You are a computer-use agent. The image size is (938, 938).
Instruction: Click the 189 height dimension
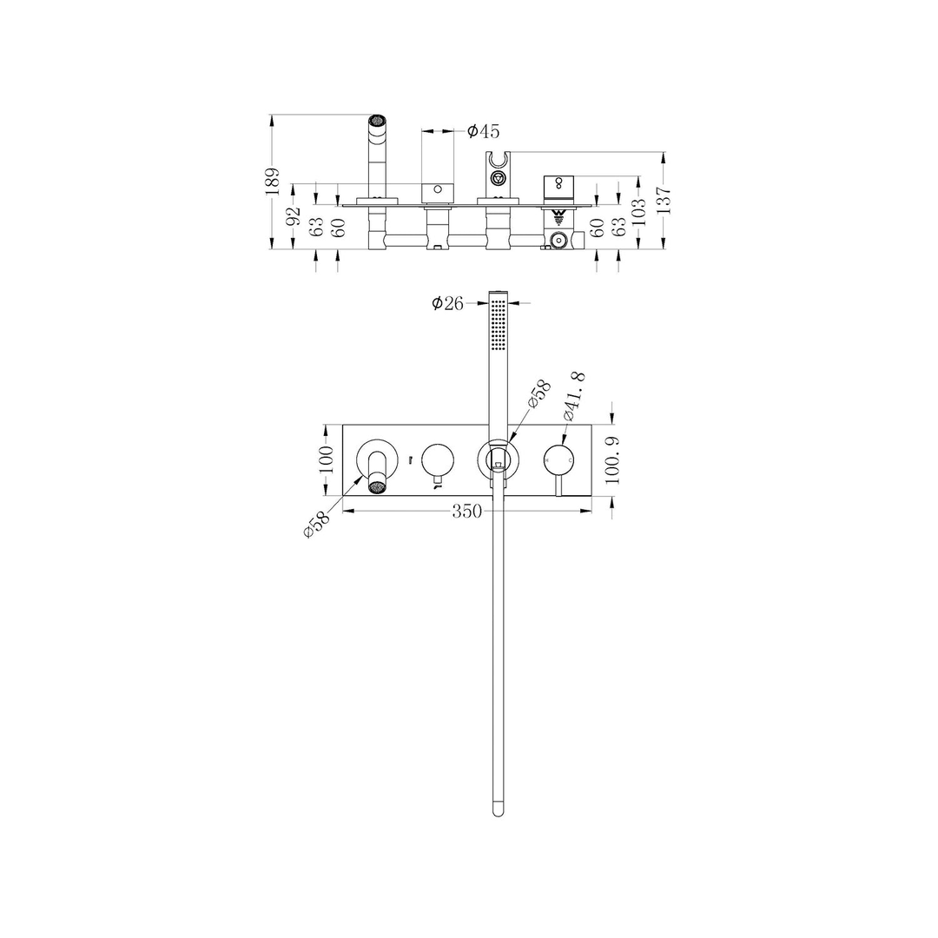272,183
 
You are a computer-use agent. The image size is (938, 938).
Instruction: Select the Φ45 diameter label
483,132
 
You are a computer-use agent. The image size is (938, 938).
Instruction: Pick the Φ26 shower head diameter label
448,303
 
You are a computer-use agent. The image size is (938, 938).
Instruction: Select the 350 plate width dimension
466,512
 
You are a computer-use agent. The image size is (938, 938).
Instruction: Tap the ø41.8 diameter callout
574,396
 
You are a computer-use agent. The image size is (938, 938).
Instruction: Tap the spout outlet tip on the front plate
378,486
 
